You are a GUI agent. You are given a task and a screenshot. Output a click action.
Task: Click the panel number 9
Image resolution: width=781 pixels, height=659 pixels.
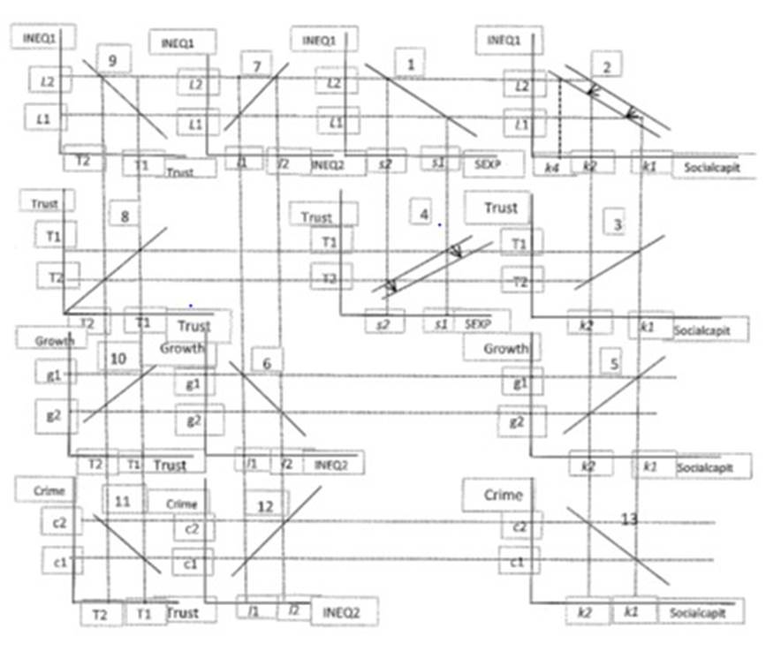click(112, 60)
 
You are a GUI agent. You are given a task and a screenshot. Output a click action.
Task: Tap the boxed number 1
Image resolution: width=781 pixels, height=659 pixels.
click(410, 64)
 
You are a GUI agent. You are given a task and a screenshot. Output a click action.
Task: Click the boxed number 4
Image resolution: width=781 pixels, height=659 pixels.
click(424, 214)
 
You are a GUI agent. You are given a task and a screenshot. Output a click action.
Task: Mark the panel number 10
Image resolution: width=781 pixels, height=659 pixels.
click(118, 358)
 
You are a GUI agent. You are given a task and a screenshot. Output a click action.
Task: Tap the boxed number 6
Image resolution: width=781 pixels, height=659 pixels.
click(267, 361)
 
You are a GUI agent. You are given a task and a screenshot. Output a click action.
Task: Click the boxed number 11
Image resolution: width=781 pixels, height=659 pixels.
click(123, 501)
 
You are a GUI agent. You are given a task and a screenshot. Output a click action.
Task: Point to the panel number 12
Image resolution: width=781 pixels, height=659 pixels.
click(265, 506)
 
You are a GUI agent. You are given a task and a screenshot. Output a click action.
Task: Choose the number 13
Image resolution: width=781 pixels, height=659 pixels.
click(629, 519)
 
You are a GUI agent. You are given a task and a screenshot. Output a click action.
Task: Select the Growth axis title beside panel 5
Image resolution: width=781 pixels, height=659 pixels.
click(504, 349)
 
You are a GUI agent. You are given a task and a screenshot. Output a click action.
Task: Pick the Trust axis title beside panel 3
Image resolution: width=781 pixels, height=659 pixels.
click(500, 208)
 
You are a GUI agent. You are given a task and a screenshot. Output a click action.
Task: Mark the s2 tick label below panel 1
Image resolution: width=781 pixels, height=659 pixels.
click(385, 164)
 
